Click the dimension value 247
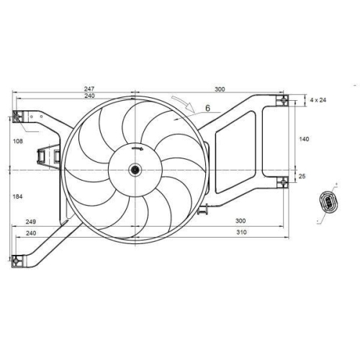[x=89, y=89]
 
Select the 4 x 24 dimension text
[x=318, y=100]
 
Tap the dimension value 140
[x=304, y=139]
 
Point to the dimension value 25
[x=302, y=176]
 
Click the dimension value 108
[x=18, y=141]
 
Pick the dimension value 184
[x=17, y=197]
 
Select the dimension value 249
[x=31, y=222]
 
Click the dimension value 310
[x=241, y=232]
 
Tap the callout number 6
[x=207, y=108]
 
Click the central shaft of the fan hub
[x=135, y=170]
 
